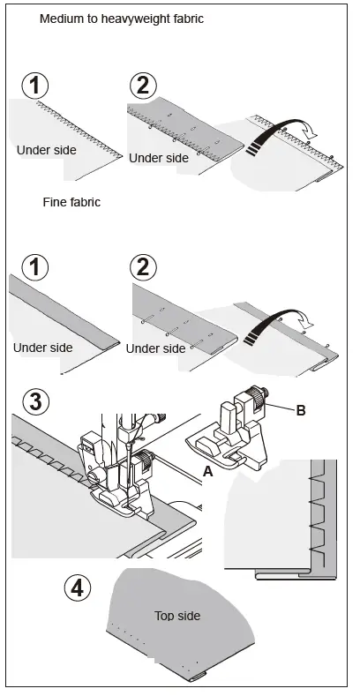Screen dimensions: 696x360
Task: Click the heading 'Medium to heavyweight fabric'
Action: click(122, 19)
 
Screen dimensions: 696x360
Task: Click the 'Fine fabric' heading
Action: click(71, 202)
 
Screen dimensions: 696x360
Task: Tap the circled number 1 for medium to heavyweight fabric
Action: click(34, 86)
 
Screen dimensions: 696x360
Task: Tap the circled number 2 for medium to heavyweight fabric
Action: click(141, 86)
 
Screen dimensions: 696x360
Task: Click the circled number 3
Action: click(34, 401)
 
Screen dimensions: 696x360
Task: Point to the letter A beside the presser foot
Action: click(207, 472)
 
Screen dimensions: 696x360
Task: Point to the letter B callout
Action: click(300, 410)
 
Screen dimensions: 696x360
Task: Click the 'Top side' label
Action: click(177, 616)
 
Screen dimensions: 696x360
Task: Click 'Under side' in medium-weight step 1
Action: click(46, 150)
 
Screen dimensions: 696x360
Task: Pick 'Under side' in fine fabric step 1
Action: click(42, 348)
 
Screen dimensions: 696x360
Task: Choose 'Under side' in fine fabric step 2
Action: click(155, 348)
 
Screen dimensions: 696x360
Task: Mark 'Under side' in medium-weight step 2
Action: click(159, 158)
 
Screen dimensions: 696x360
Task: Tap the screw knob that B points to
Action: click(260, 403)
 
